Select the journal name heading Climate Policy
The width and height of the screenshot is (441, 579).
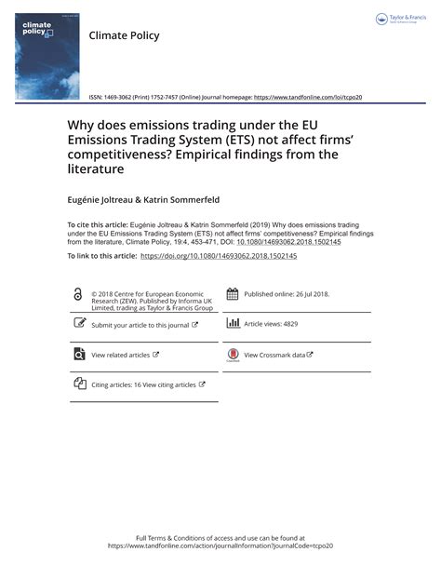click(124, 35)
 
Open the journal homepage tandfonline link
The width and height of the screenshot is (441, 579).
click(307, 97)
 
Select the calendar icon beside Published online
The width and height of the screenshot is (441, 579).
click(233, 294)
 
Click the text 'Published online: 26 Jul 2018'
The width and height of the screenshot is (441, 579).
click(287, 294)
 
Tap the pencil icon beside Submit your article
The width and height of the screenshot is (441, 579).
click(78, 324)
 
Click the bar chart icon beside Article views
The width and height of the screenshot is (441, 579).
click(233, 324)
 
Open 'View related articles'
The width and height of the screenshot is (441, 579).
click(121, 355)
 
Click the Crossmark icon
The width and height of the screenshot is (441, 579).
click(233, 355)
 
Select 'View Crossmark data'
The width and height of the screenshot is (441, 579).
click(275, 355)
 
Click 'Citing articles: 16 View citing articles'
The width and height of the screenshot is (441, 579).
click(143, 384)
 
